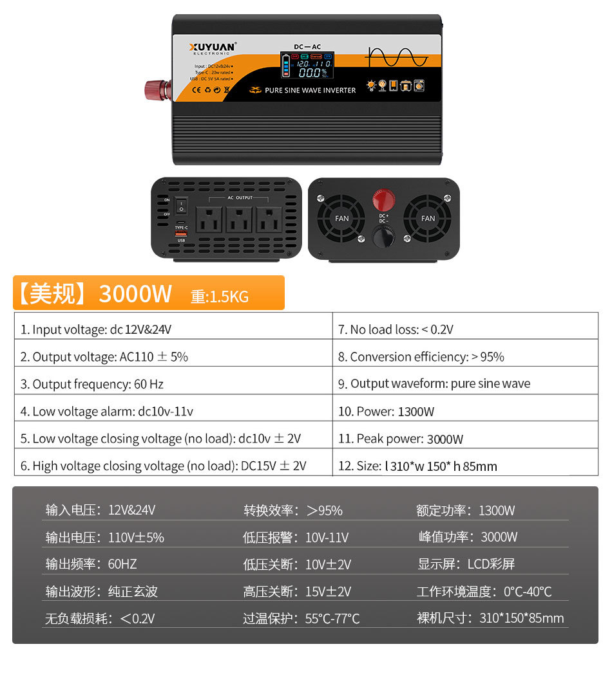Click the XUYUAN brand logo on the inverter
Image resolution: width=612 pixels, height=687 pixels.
(x=213, y=47)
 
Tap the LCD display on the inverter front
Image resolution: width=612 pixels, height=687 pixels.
(x=307, y=66)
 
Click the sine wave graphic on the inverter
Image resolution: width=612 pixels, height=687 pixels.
(x=396, y=58)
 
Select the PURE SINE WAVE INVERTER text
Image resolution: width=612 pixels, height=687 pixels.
(x=310, y=90)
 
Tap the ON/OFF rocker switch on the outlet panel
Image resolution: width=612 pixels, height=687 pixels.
(x=181, y=208)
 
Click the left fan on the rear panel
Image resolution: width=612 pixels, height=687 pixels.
(x=341, y=218)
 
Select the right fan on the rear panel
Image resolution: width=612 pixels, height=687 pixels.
(x=428, y=218)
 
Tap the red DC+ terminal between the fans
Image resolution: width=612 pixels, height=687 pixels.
(x=384, y=199)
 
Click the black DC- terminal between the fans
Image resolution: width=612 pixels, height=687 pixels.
(x=384, y=236)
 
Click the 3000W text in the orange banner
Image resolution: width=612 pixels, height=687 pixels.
(x=135, y=293)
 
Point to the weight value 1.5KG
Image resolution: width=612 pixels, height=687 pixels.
(x=229, y=297)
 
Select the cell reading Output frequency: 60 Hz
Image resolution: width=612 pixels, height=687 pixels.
(x=173, y=384)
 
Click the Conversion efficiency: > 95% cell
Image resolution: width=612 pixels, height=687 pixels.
(x=465, y=356)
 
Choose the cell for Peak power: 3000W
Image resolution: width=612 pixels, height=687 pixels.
(x=465, y=439)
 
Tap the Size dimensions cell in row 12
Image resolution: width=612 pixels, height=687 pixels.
(x=465, y=466)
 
